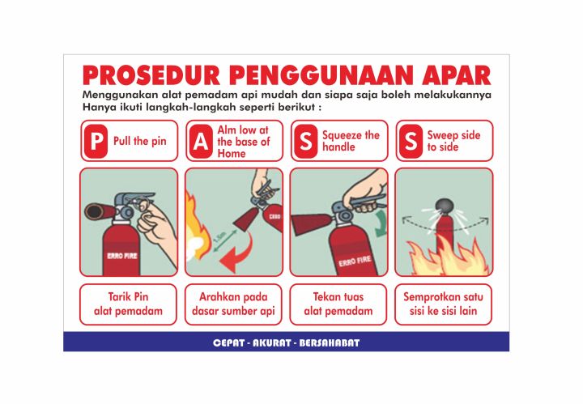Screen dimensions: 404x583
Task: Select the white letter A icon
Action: point(200,142)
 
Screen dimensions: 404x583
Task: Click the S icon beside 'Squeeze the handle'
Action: point(305,142)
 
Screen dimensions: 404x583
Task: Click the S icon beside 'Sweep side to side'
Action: point(411,142)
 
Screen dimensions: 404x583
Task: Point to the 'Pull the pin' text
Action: point(140,141)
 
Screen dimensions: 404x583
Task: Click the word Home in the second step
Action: point(232,154)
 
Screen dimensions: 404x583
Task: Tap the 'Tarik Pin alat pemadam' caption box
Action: point(128,304)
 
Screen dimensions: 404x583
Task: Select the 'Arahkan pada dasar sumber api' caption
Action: point(233,304)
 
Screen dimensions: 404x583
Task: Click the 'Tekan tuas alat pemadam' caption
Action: point(338,304)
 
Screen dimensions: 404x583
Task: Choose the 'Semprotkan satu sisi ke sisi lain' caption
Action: point(444,304)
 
